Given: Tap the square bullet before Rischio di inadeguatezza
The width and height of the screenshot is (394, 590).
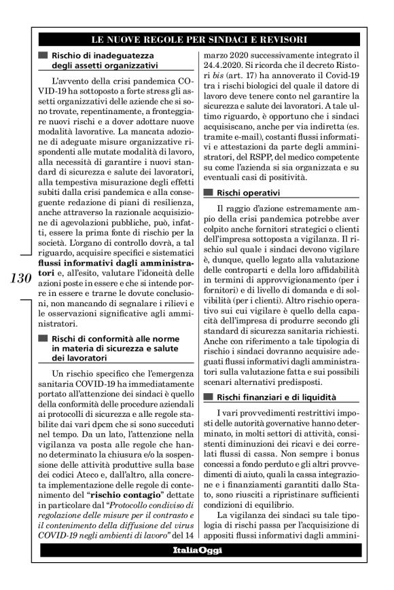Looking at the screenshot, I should [43, 55].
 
